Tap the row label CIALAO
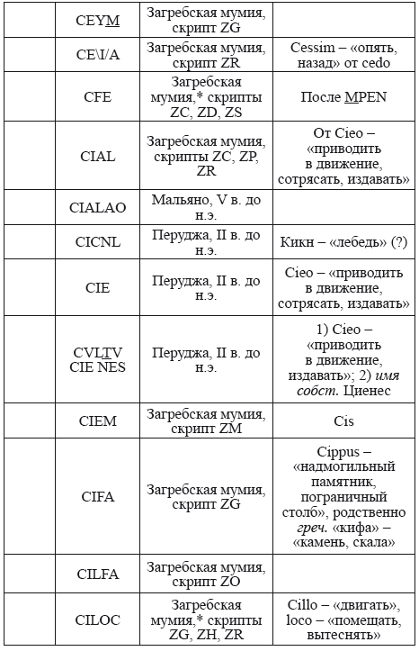(x=98, y=207)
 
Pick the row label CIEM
(x=98, y=420)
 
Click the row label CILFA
(x=98, y=573)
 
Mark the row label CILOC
(x=98, y=619)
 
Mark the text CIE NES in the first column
(x=98, y=367)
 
